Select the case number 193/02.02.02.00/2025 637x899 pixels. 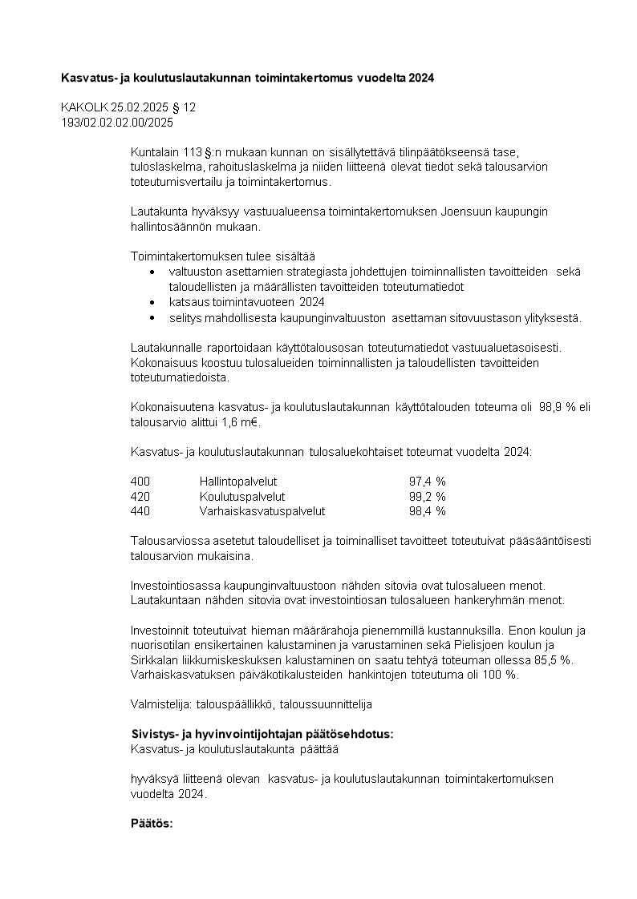point(117,123)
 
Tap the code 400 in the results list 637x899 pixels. point(140,481)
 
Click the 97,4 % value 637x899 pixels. point(427,481)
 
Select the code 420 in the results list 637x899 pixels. point(140,496)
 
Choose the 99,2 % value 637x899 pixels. point(427,496)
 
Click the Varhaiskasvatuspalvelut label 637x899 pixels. point(262,510)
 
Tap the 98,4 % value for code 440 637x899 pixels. point(427,510)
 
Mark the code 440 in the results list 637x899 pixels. point(140,510)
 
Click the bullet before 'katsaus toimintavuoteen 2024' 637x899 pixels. point(153,302)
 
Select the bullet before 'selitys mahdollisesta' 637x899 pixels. point(153,317)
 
